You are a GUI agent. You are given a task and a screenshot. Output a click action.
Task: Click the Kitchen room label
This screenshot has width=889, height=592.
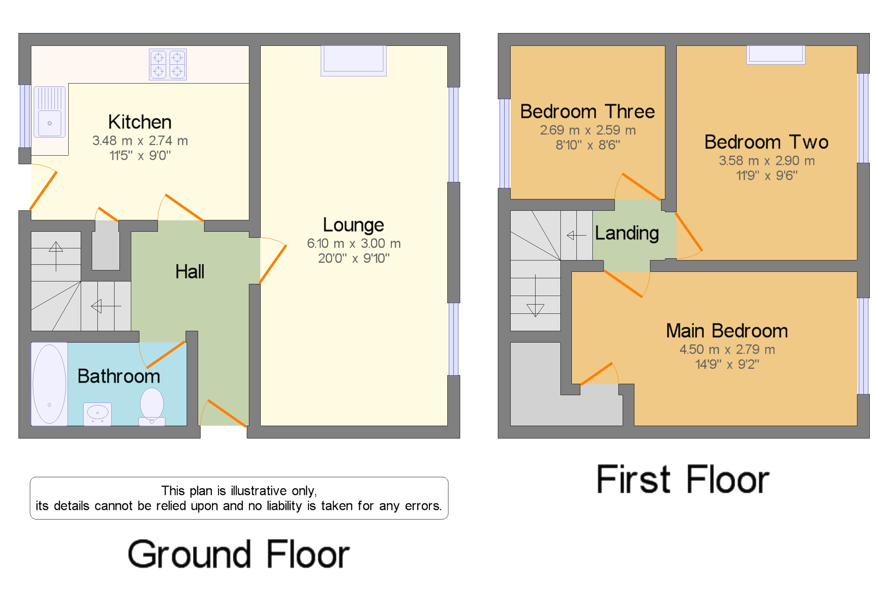coord(140,122)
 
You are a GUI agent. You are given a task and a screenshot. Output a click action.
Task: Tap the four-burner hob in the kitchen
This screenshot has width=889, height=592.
coord(168,64)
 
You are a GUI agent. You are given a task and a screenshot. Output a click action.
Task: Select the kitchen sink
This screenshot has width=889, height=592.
coord(49,112)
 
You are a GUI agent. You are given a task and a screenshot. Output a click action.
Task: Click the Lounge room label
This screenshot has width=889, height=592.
coord(353,225)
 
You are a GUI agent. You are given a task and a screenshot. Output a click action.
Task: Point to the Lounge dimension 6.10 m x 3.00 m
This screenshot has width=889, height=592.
coord(353,243)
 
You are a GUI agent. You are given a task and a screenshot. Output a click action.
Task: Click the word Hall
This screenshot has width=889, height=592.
coord(190,271)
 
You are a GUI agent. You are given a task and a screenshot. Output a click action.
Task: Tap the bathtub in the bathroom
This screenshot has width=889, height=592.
coord(49,384)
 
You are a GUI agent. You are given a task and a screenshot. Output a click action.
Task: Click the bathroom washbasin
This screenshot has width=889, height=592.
coord(97,414)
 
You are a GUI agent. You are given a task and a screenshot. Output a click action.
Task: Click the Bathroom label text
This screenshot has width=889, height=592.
coord(119,376)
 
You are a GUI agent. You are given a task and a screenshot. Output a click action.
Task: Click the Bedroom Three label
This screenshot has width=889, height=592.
coord(587,111)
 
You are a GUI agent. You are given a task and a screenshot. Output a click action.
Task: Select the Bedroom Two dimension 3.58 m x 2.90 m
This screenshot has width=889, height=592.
coord(767,161)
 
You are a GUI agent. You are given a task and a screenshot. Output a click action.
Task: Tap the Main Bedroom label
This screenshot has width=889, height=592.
coord(727,331)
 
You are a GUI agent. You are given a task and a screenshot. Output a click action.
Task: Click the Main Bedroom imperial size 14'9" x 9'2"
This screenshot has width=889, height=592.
coord(727,364)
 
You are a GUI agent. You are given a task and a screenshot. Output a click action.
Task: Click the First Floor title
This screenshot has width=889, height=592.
coord(683,479)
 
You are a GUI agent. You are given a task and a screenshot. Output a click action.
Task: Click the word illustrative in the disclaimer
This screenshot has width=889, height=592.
coord(259,491)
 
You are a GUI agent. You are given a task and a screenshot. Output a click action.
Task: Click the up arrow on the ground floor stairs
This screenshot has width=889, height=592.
coord(56,256)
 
